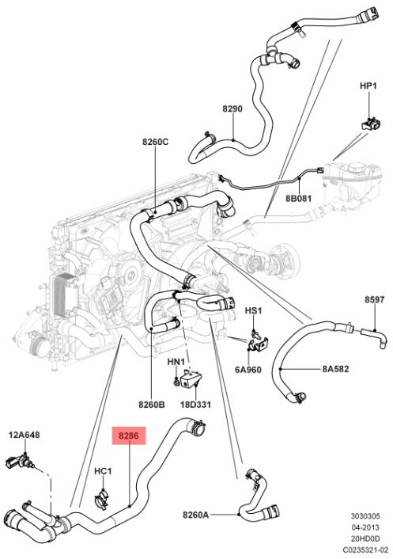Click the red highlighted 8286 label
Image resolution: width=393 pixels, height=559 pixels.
tap(129, 435)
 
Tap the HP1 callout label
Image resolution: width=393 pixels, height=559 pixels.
tap(368, 86)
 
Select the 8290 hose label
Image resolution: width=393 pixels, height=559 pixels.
tap(232, 108)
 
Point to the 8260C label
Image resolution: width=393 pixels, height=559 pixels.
tap(156, 142)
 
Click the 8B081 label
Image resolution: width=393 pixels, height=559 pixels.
tap(299, 198)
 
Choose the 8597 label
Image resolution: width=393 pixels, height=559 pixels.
tap(375, 299)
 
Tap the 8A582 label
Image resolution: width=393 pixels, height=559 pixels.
tap(335, 369)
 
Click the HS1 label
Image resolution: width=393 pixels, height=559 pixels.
tap(253, 311)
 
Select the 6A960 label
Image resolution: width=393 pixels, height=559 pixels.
tap(248, 370)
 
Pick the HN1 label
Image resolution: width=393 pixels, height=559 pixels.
tap(176, 362)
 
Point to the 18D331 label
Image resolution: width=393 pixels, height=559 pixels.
tap(195, 405)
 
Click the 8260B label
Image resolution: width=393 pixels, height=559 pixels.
tap(152, 405)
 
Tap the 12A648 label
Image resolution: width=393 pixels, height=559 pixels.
tap(25, 435)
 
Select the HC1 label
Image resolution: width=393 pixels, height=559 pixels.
tap(103, 471)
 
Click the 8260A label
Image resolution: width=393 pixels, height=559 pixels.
tap(196, 515)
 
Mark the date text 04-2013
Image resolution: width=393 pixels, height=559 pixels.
tap(365, 527)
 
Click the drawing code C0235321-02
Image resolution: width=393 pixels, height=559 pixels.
tap(365, 549)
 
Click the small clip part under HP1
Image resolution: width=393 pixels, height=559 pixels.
tap(371, 124)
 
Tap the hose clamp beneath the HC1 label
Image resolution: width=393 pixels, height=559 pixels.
tap(102, 498)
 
